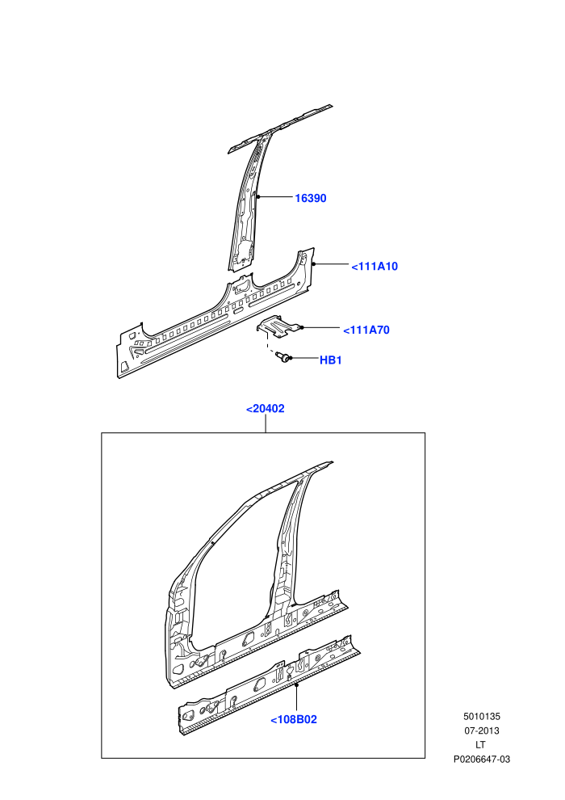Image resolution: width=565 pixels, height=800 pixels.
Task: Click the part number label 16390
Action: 310,198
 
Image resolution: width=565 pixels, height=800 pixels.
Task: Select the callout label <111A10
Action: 375,267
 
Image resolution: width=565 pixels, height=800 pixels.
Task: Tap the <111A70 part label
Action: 366,331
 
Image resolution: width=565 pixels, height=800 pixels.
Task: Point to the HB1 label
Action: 331,360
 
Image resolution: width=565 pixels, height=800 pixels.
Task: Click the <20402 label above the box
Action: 265,409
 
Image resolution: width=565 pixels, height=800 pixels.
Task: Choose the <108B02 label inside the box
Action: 294,720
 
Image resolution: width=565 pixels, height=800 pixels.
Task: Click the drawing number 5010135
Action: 481,716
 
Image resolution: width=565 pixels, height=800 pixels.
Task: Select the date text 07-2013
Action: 481,731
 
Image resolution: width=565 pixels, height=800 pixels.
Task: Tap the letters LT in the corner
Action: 480,745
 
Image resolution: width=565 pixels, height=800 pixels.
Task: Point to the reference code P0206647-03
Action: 481,759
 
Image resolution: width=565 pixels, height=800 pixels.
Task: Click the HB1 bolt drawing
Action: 282,358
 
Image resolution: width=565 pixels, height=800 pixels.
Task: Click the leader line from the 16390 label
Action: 275,197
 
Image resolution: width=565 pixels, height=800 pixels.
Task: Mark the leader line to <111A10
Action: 331,264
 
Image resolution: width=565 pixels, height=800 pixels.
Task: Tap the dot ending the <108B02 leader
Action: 296,684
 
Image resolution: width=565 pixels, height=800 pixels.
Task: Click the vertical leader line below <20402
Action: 266,424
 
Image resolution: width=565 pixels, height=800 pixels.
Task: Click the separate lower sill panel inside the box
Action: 269,685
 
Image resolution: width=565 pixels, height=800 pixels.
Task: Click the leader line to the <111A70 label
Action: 321,327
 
